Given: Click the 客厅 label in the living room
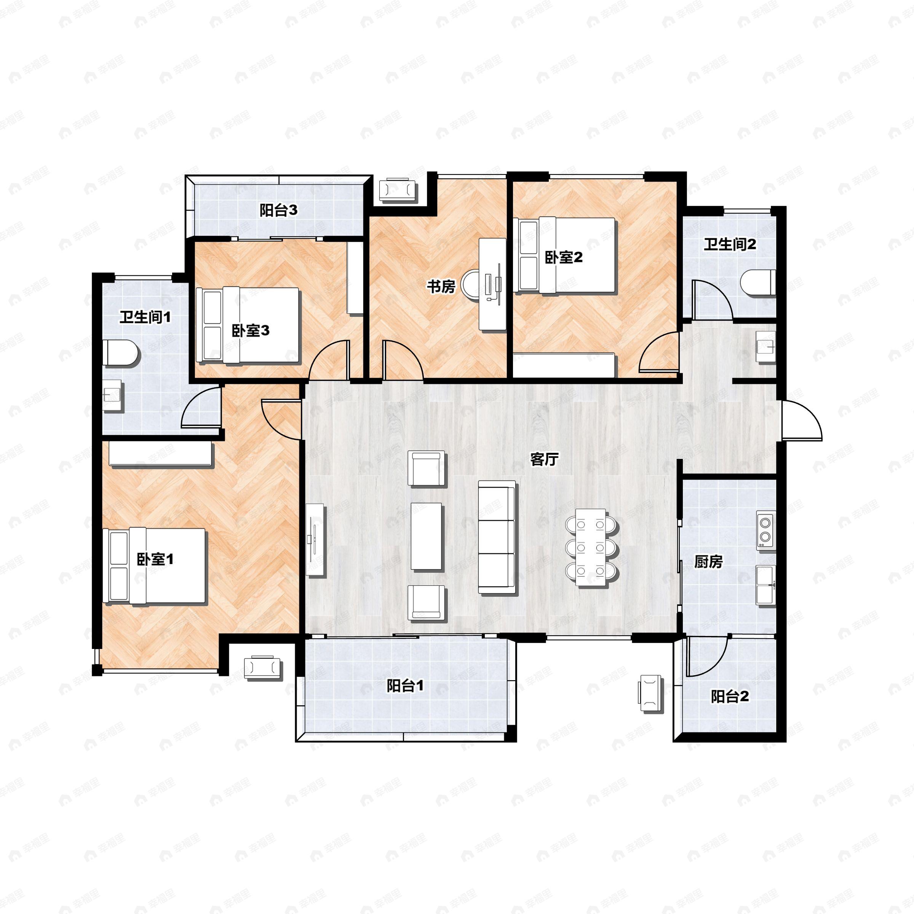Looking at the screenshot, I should pyautogui.click(x=545, y=459).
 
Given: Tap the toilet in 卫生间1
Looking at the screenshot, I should pyautogui.click(x=121, y=352).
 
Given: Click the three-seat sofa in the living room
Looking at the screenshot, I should pyautogui.click(x=496, y=537).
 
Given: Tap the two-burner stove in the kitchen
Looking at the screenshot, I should pyautogui.click(x=764, y=530).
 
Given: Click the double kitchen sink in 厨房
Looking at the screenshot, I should pyautogui.click(x=765, y=585).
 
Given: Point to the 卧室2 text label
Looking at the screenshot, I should pyautogui.click(x=564, y=257).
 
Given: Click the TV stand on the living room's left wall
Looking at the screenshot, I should pyautogui.click(x=316, y=539).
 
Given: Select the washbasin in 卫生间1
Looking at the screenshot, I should pyautogui.click(x=113, y=395).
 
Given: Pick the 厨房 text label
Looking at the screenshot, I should pyautogui.click(x=708, y=562).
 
